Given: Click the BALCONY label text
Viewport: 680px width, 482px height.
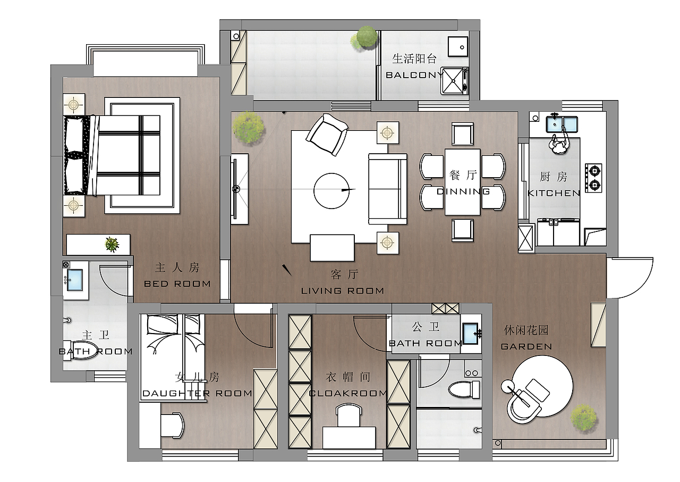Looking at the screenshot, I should pyautogui.click(x=414, y=75).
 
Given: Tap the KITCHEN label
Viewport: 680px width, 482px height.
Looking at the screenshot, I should pyautogui.click(x=554, y=193).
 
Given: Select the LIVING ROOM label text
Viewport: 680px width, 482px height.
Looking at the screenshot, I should pyautogui.click(x=342, y=290).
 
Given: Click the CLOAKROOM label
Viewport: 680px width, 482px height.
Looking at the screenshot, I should pyautogui.click(x=347, y=393).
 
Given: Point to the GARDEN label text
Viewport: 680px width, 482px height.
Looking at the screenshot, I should pyautogui.click(x=526, y=346).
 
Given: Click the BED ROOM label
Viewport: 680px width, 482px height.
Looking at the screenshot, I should pyautogui.click(x=177, y=284).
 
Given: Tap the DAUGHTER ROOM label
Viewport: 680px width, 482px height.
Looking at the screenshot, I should pyautogui.click(x=197, y=393).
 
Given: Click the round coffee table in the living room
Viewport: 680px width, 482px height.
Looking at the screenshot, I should pyautogui.click(x=333, y=190).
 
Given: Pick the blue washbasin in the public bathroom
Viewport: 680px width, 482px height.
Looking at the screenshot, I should pyautogui.click(x=471, y=334).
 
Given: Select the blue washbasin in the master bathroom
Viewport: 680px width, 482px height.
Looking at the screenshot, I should pyautogui.click(x=73, y=280).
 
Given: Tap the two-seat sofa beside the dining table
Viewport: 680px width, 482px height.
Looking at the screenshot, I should pyautogui.click(x=387, y=188).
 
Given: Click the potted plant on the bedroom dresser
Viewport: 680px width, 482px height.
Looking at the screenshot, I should pyautogui.click(x=112, y=244).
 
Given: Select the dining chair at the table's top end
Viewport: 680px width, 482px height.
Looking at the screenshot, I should pyautogui.click(x=462, y=134).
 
